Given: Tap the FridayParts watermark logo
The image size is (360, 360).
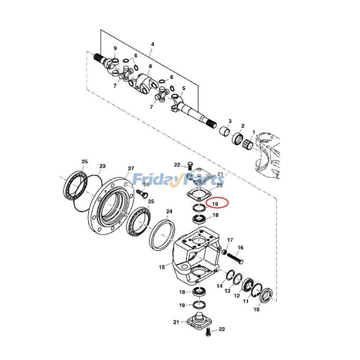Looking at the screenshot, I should tap(179, 180).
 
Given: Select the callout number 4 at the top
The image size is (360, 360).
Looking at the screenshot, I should tap(153, 44).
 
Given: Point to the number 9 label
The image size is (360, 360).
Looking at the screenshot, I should tap(115, 48).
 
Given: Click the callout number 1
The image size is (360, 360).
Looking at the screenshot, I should tap(253, 132).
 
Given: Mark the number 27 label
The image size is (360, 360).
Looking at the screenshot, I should tap(130, 169).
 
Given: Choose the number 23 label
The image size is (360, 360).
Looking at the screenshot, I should tap(102, 166).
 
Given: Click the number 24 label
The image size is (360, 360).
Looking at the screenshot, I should tap(169, 211).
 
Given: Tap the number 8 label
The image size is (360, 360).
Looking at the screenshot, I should tap(150, 66).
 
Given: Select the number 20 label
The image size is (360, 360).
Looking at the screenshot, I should tap(220, 185).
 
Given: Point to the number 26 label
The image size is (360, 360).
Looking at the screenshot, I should tap(146, 184).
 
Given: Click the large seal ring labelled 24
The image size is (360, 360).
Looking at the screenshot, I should tap(163, 234).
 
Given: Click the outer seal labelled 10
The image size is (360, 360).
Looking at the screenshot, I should tap(267, 296).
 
